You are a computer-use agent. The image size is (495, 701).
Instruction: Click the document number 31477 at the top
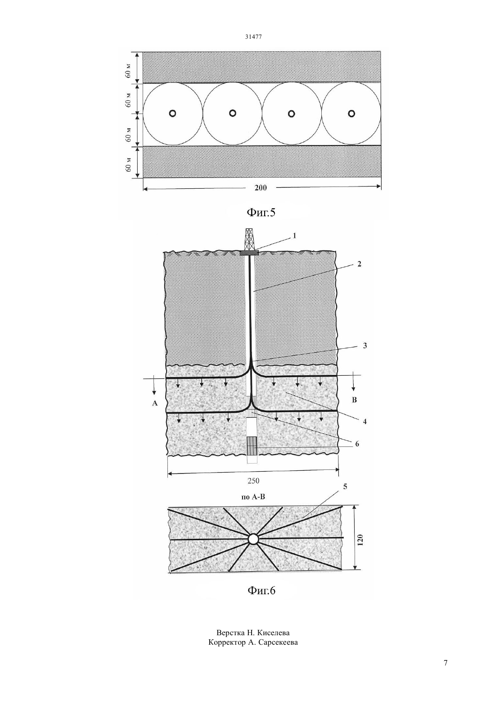point(253,36)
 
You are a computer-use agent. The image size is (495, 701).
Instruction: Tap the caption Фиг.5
point(261,213)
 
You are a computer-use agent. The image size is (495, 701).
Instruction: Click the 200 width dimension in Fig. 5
point(261,187)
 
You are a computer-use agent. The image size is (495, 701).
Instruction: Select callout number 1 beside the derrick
point(294,236)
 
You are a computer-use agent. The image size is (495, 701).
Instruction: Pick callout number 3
point(364,346)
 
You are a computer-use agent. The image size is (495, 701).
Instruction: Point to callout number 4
point(364,421)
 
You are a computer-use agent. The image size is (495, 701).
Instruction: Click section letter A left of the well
point(154,403)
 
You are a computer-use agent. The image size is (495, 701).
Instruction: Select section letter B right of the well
point(355,400)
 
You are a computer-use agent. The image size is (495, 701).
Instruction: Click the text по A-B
point(253,505)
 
